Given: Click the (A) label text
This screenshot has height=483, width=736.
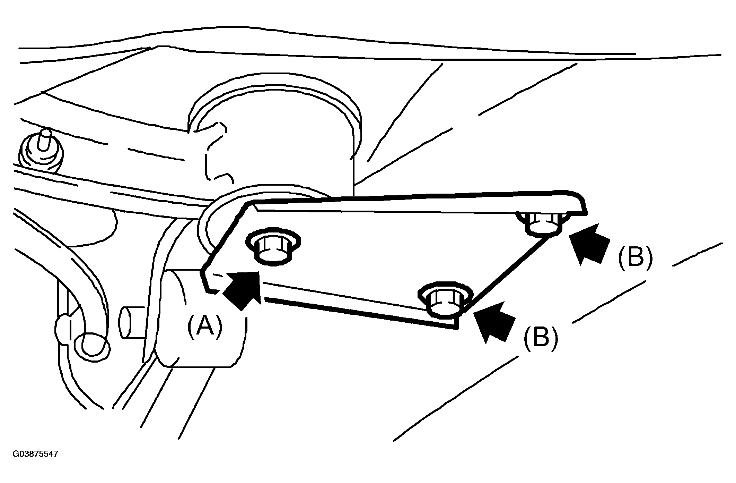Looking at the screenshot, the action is tap(204, 327).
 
